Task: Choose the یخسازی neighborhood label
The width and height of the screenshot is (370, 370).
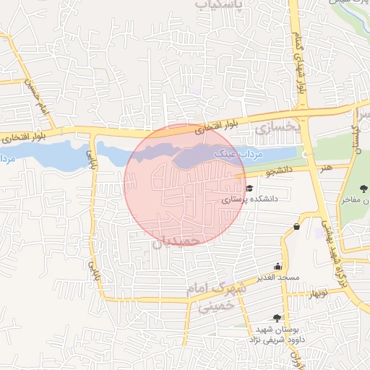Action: pyautogui.click(x=277, y=127)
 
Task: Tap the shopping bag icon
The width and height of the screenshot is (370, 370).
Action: pyautogui.click(x=297, y=227)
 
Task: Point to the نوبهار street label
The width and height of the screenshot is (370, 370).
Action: pyautogui.click(x=319, y=293)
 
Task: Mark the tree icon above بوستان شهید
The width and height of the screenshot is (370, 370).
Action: pyautogui.click(x=277, y=317)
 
